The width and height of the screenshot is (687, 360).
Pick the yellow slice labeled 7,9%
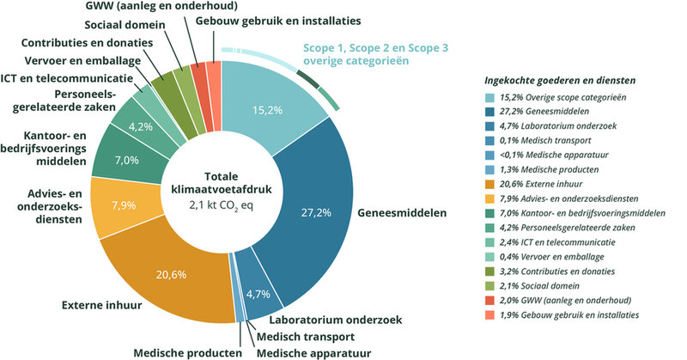(x=122, y=205)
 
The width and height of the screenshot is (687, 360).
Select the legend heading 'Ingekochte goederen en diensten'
(x=566, y=80)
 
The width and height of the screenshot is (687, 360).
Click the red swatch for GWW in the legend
(x=489, y=301)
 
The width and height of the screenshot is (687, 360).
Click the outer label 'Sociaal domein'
(x=131, y=23)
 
